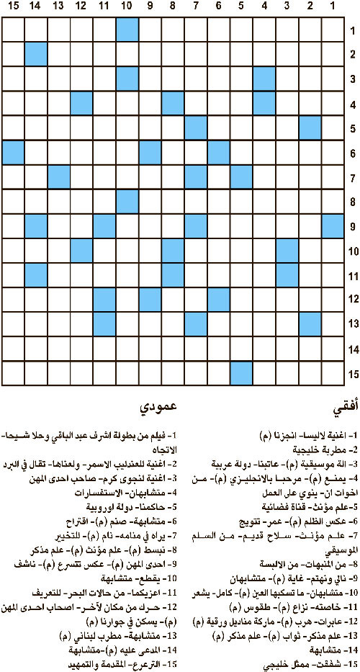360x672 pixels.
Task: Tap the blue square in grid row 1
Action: [x=127, y=30]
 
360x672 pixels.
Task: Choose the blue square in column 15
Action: [x=13, y=153]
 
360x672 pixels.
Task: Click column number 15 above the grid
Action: [x=13, y=7]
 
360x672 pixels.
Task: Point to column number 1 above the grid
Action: [x=333, y=7]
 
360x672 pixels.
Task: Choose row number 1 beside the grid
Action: [x=352, y=30]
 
